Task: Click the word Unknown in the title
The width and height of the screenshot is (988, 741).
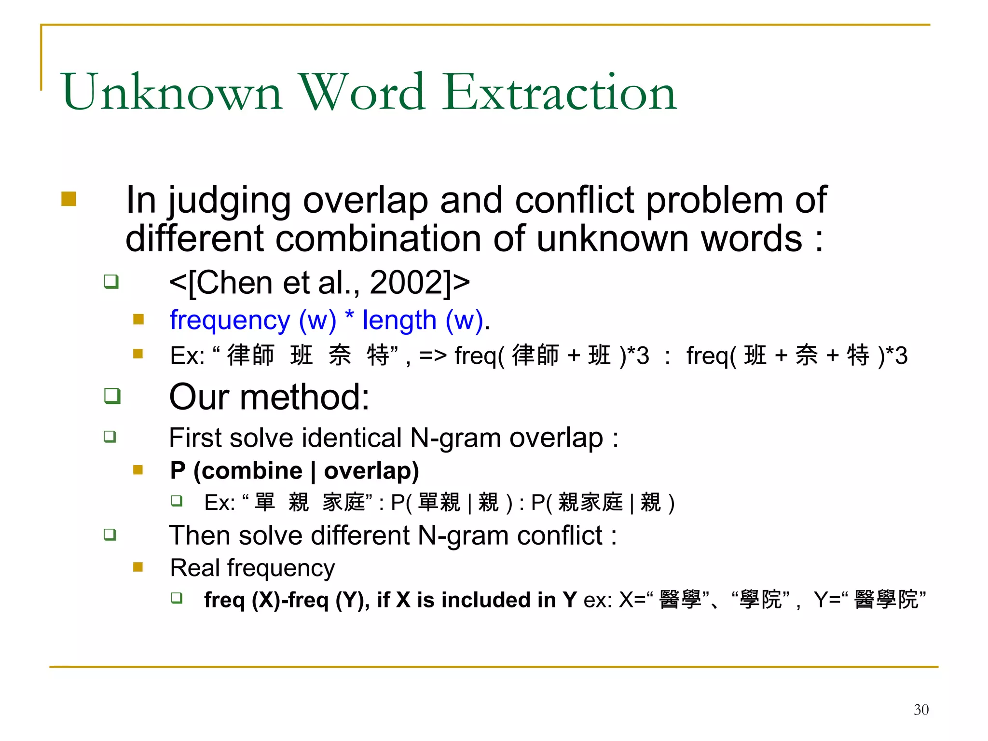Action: coord(172,93)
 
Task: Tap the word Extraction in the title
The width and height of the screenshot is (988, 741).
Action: coord(560,93)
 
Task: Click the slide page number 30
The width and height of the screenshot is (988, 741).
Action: coord(921,710)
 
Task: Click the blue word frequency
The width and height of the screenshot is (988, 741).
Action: coord(230,321)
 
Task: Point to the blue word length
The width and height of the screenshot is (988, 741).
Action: coord(399,320)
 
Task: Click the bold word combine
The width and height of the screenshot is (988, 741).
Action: coord(248,471)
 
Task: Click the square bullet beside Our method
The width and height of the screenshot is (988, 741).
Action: coord(112,396)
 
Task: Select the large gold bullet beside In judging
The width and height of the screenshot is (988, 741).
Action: coord(69,199)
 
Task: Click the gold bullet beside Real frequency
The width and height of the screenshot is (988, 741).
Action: coord(138,567)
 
